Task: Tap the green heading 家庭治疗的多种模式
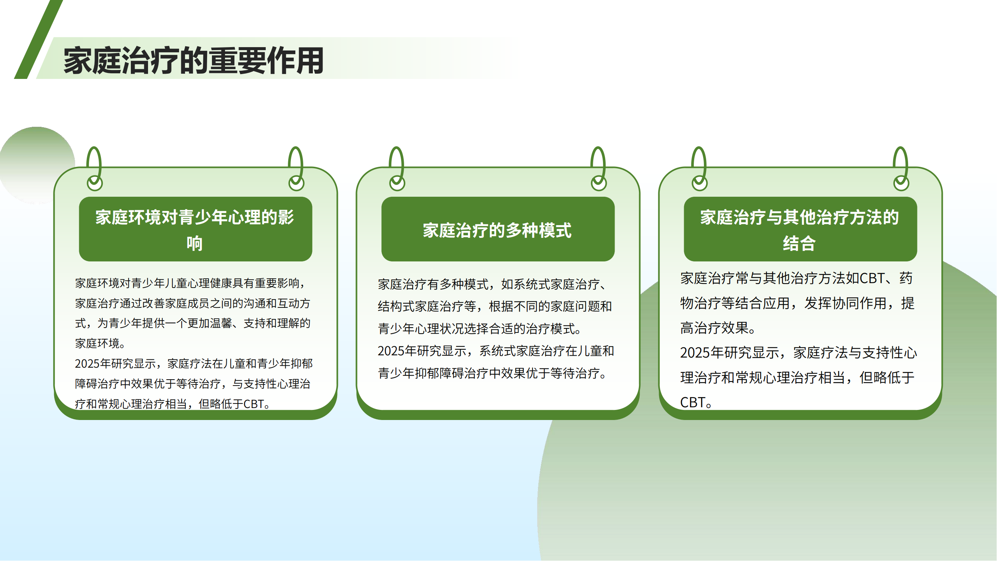[x=497, y=230]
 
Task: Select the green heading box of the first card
[x=196, y=229]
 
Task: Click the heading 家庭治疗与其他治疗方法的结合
[x=800, y=230]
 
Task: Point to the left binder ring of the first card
[x=94, y=169]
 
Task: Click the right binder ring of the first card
[x=296, y=169]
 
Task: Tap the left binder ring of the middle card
[x=397, y=169]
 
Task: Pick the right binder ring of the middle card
[x=598, y=169]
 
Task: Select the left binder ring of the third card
[x=699, y=169]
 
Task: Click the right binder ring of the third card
[x=901, y=169]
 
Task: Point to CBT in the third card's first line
[x=872, y=278]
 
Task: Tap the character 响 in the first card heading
[x=195, y=243]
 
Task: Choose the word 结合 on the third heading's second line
[x=800, y=243]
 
